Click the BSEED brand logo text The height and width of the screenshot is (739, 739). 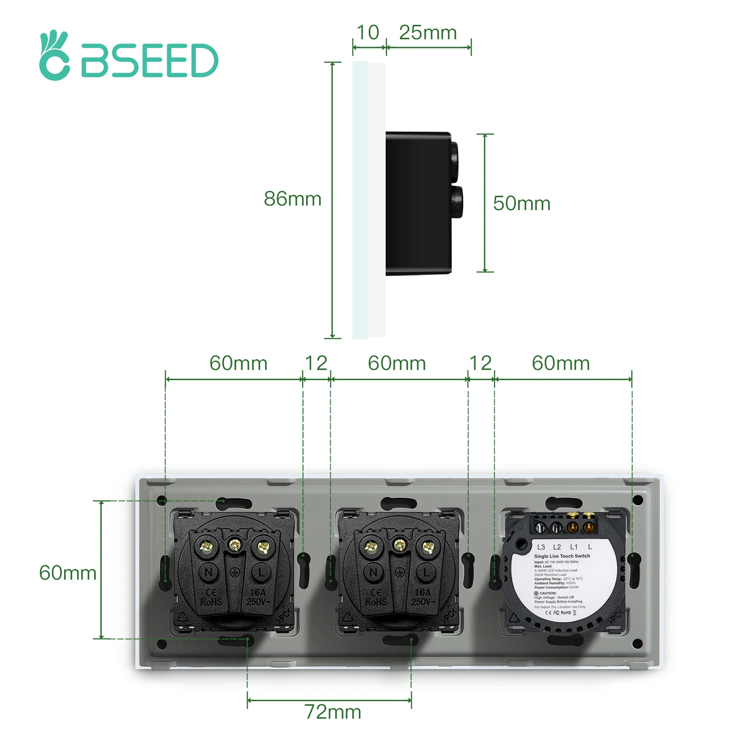tap(149, 61)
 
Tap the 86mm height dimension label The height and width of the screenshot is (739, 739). tap(292, 199)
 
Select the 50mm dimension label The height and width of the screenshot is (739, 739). tap(521, 204)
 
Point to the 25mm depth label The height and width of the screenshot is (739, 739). tap(428, 33)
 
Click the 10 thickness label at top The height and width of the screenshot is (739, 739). tap(368, 33)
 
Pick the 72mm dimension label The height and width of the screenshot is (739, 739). tap(333, 712)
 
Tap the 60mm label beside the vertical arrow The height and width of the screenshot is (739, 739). tap(67, 573)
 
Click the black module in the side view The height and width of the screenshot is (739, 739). tap(418, 203)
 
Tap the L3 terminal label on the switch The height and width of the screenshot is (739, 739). tap(541, 547)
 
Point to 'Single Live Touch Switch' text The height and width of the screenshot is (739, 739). tap(562, 556)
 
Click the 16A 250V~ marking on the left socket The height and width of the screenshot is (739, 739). tap(258, 597)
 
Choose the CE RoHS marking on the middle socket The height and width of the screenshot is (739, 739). tap(376, 597)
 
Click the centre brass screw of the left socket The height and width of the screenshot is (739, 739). tap(235, 545)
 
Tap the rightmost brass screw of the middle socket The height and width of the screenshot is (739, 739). tap(428, 548)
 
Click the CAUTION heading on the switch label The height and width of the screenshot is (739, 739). tap(547, 593)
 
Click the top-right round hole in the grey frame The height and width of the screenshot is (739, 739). tap(637, 500)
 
